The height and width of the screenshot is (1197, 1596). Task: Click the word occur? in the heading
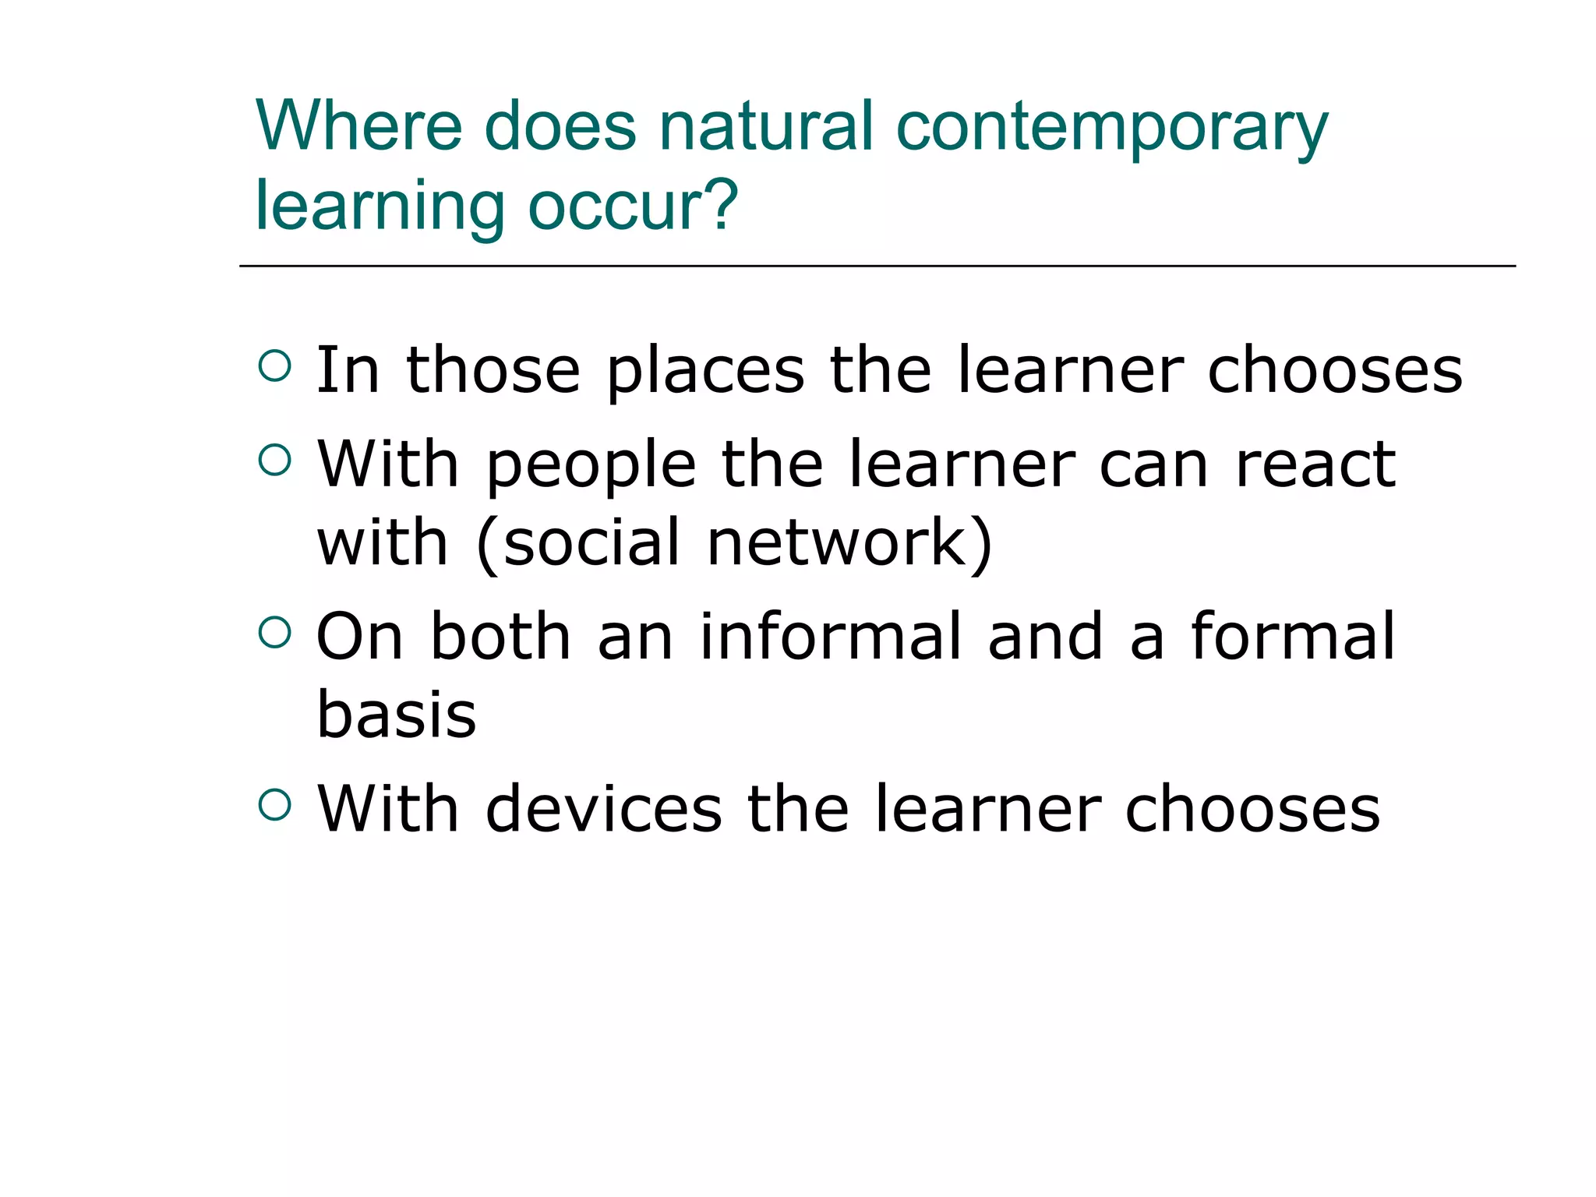[x=633, y=206]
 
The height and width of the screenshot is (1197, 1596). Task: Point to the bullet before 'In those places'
[x=274, y=365]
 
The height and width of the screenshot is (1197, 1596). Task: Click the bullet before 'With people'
[x=274, y=460]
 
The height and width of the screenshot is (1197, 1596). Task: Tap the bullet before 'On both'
[x=274, y=632]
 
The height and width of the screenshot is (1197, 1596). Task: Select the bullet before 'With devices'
[x=274, y=804]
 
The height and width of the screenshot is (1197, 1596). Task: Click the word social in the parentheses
[x=592, y=542]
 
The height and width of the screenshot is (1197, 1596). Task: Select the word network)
[x=850, y=542]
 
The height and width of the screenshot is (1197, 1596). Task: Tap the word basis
[x=396, y=715]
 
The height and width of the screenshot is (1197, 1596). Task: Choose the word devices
[x=603, y=809]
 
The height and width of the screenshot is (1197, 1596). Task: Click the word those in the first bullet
[x=493, y=370]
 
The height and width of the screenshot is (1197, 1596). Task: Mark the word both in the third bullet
[x=500, y=637]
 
